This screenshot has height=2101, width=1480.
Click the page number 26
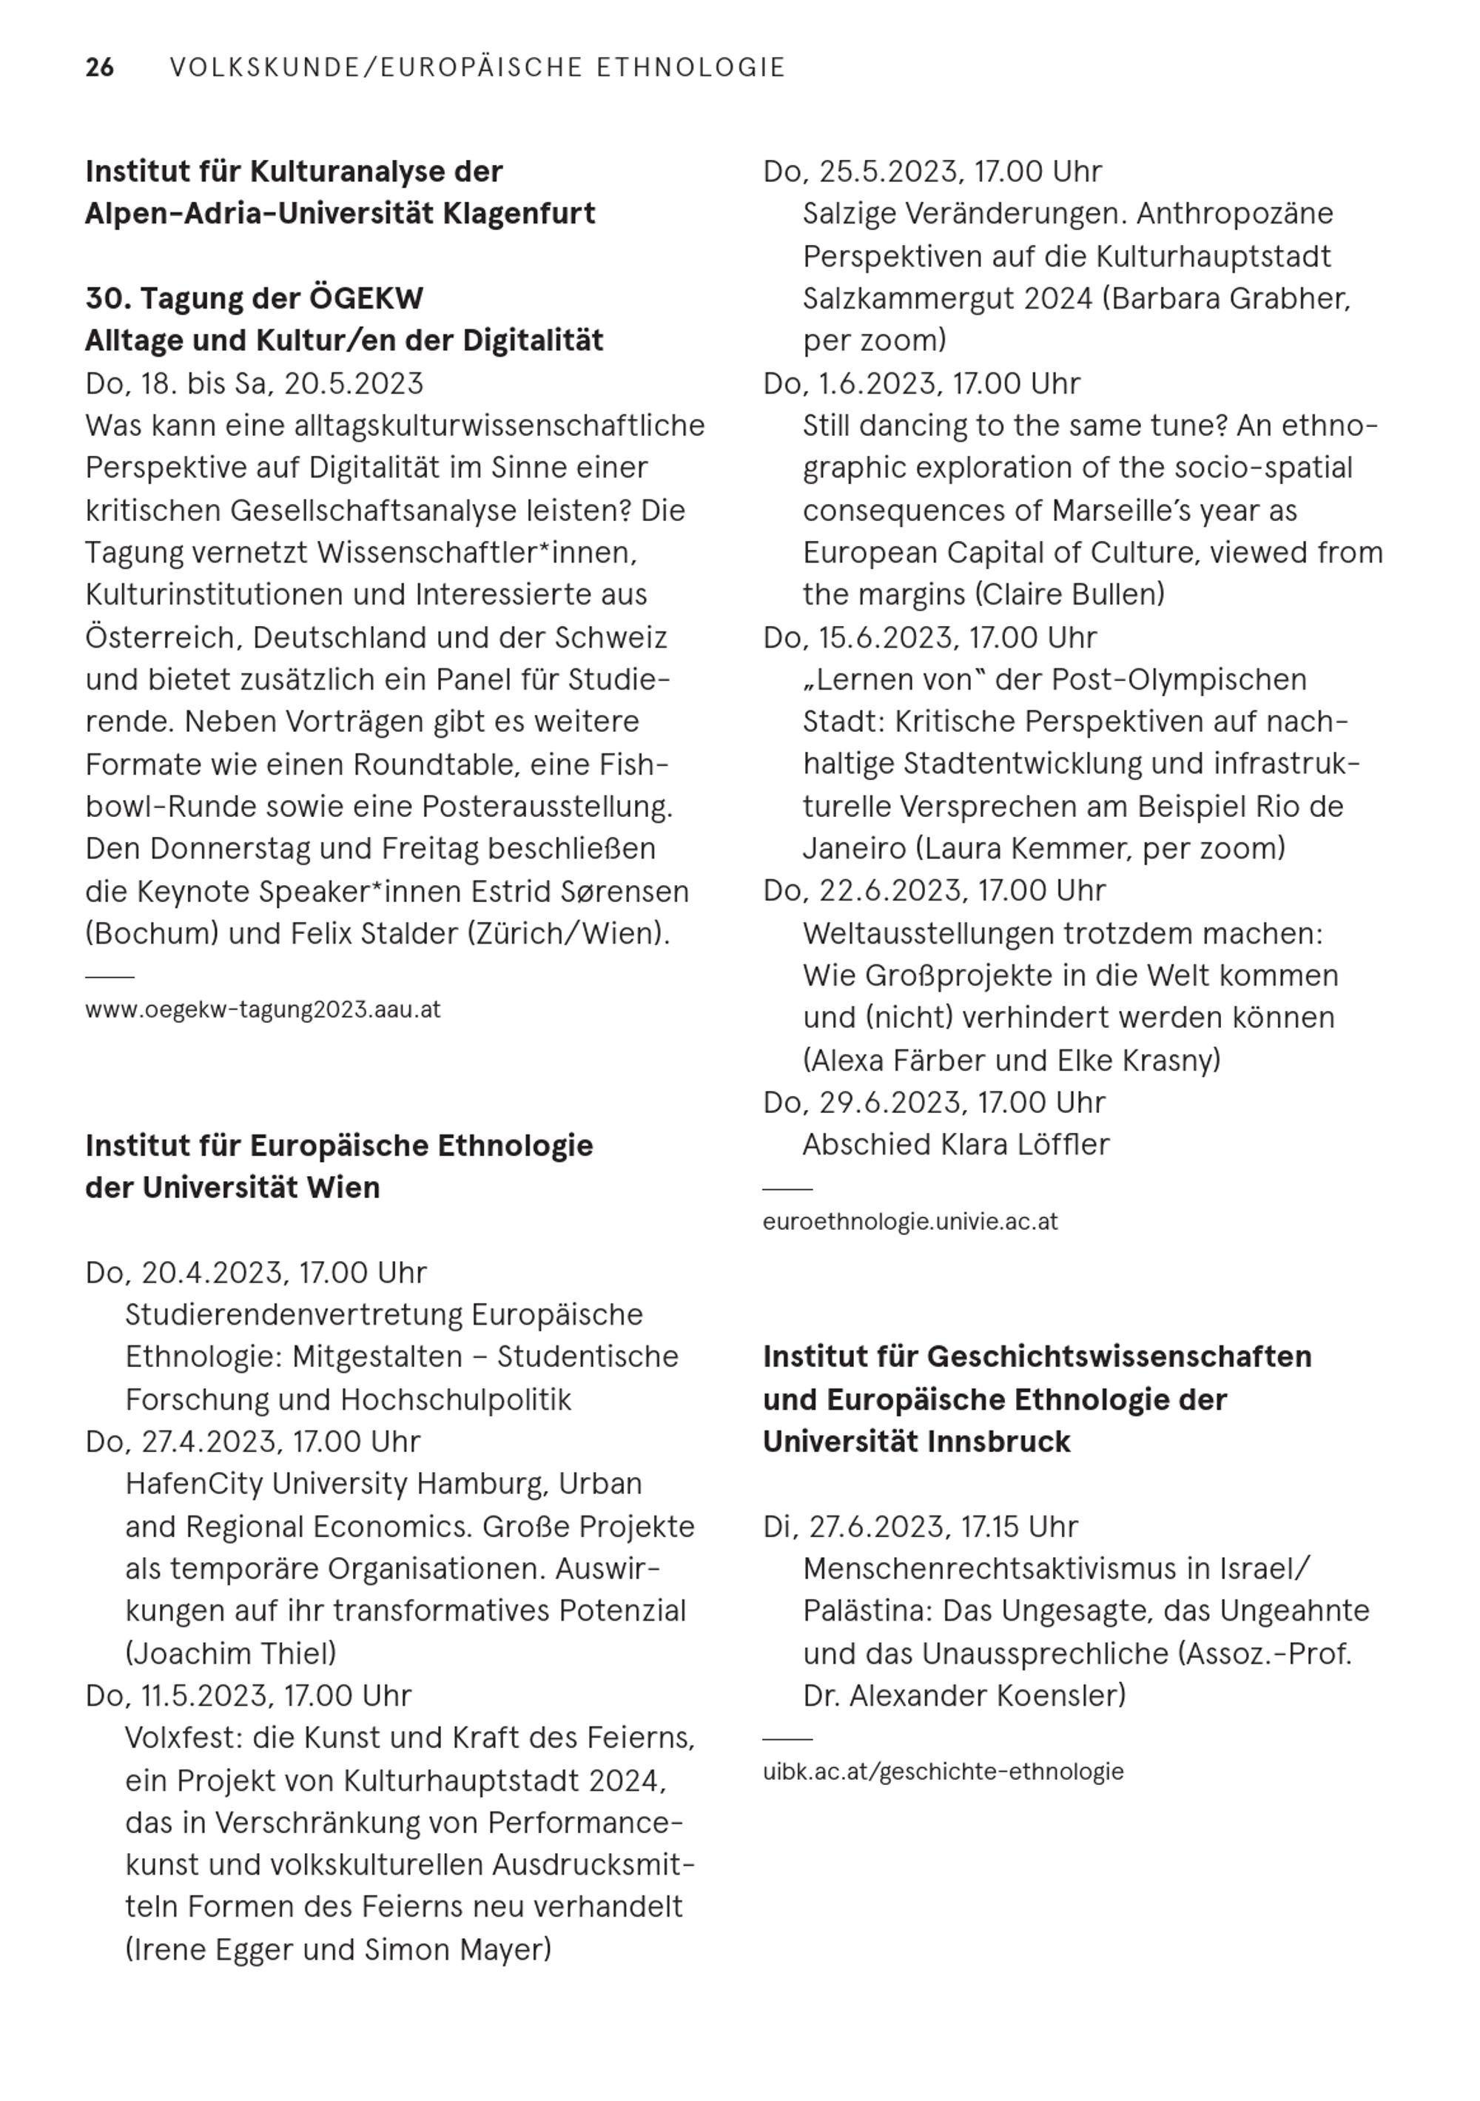pos(100,68)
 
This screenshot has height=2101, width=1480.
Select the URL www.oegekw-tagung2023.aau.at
pos(263,1009)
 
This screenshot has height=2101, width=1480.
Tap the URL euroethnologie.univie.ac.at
pos(909,1222)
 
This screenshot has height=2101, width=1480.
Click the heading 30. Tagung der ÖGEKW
pos(255,298)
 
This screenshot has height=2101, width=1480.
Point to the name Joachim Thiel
pos(231,1653)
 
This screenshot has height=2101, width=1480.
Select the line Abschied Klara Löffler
pos(955,1145)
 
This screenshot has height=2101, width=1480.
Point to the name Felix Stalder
pos(374,933)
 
